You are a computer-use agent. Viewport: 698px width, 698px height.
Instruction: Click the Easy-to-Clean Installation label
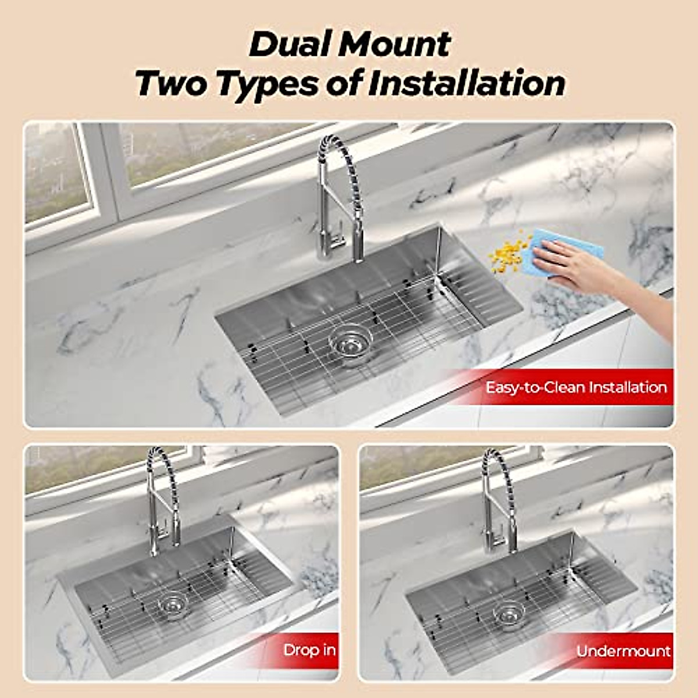tap(576, 387)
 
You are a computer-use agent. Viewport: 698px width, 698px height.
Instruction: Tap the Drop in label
tap(309, 650)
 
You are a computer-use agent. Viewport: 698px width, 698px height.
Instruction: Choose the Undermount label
tap(624, 651)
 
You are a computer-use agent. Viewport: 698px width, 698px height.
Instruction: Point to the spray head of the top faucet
tap(357, 244)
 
